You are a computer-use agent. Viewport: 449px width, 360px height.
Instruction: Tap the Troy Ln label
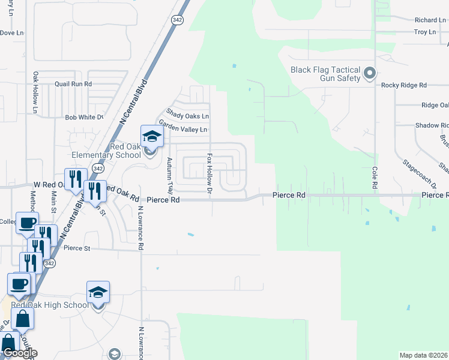[424, 32]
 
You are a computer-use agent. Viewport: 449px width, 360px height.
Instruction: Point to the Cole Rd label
[375, 178]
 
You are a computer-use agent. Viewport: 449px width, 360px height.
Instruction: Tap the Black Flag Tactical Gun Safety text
[325, 74]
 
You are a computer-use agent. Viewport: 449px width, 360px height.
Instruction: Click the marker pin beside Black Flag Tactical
[370, 74]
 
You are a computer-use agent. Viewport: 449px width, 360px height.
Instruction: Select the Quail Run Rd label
[73, 85]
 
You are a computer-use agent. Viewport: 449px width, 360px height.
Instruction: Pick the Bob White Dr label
[84, 118]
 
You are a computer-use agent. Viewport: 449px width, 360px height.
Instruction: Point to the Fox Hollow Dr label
[209, 174]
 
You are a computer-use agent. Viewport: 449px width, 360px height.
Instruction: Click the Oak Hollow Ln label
[35, 93]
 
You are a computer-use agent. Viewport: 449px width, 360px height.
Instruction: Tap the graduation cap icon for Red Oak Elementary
[152, 136]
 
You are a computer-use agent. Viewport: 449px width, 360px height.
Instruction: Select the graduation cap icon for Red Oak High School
[98, 292]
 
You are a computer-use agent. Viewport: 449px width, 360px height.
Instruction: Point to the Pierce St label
[76, 248]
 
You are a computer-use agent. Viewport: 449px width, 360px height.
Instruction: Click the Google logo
[19, 353]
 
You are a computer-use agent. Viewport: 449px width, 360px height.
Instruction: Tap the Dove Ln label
[12, 33]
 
